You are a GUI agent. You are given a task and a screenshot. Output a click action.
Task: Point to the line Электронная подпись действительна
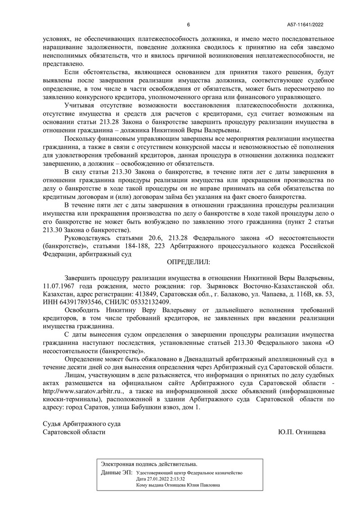click(x=149, y=464)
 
